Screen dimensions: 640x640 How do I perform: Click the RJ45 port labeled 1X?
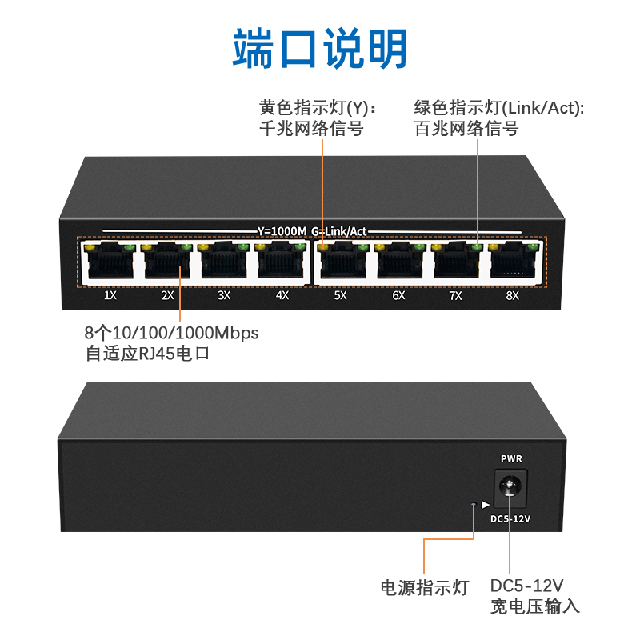(110, 262)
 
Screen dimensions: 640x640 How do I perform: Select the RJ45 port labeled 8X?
(513, 262)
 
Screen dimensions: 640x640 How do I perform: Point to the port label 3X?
(224, 295)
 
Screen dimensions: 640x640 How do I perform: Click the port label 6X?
(398, 295)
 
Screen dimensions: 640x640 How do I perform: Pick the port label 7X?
(455, 295)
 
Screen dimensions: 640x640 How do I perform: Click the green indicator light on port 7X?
(477, 246)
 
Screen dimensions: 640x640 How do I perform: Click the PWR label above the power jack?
(511, 459)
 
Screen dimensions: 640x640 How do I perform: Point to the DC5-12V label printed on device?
(510, 519)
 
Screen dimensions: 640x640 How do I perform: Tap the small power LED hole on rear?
(474, 504)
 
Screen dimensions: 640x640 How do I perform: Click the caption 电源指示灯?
(424, 587)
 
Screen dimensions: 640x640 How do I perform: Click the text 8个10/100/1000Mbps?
(171, 333)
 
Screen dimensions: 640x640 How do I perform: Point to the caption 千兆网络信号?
(311, 128)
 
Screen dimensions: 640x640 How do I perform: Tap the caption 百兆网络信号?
(466, 128)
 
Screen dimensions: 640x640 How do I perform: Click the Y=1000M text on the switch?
(282, 231)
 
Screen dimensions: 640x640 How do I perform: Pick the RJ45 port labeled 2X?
(167, 262)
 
